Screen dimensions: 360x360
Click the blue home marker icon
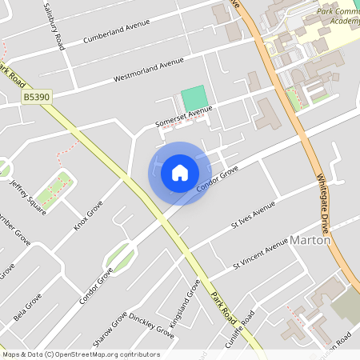click(180, 173)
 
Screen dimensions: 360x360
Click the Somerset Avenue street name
click(184, 117)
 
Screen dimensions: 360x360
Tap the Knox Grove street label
click(89, 215)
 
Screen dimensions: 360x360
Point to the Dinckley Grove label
click(151, 322)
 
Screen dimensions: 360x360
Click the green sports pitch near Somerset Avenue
click(194, 99)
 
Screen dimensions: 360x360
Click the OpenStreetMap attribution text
click(81, 354)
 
